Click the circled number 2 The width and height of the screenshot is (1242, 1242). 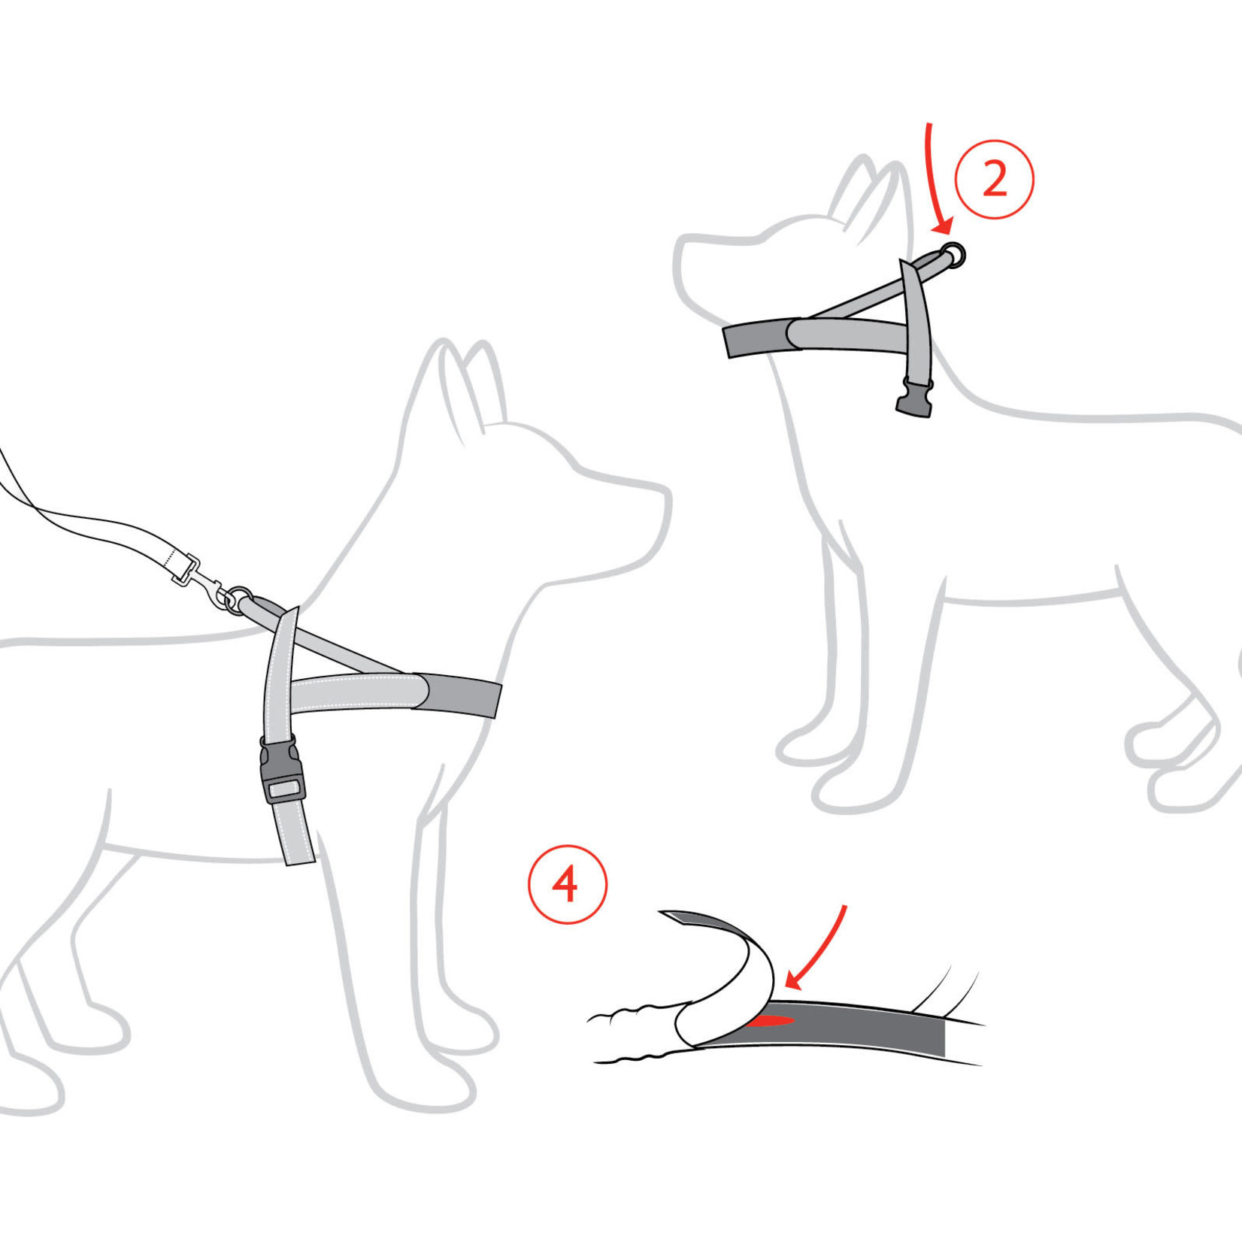pos(994,180)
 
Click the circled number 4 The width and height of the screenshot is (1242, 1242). pos(567,884)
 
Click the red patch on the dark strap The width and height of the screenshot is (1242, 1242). pos(770,1021)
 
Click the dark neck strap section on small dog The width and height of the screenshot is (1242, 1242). pos(754,339)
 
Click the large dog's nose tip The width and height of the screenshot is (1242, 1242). pos(665,496)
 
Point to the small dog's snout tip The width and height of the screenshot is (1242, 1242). pos(681,256)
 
